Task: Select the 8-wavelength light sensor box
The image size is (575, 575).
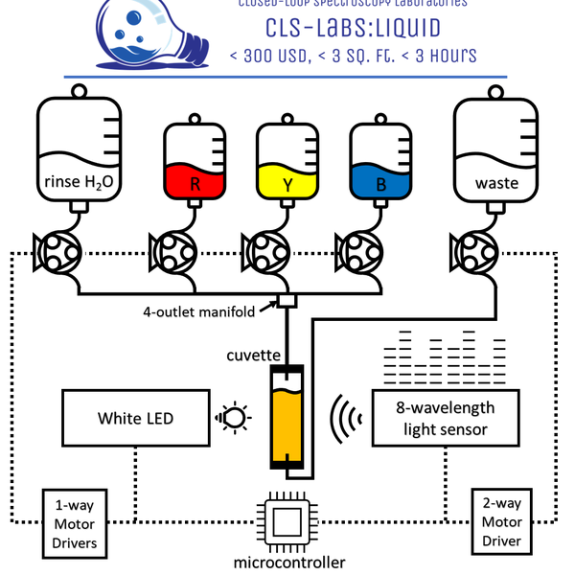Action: coord(445,418)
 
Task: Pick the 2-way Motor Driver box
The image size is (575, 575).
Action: coord(501,523)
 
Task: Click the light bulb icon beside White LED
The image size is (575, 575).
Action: coord(234,417)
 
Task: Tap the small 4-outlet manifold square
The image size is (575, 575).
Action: coord(287,302)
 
